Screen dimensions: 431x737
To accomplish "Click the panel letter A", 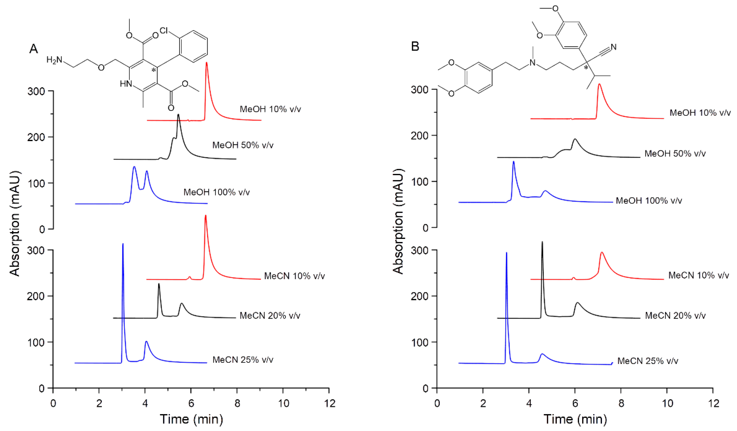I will point(34,49).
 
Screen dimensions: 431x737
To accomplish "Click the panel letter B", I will point(415,47).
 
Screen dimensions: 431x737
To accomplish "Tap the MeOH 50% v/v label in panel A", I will point(243,145).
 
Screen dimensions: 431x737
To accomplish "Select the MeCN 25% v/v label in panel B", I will point(648,361).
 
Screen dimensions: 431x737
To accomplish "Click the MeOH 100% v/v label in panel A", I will point(216,192).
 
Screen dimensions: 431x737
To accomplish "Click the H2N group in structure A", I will point(54,60).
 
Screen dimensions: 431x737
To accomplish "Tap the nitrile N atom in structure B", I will point(613,47).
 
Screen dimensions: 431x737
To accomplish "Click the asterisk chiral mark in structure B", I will point(586,68).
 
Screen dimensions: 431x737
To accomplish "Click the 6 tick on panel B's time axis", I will point(575,404).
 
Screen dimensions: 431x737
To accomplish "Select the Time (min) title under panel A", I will point(191,419).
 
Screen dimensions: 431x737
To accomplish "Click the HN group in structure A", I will point(126,84).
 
